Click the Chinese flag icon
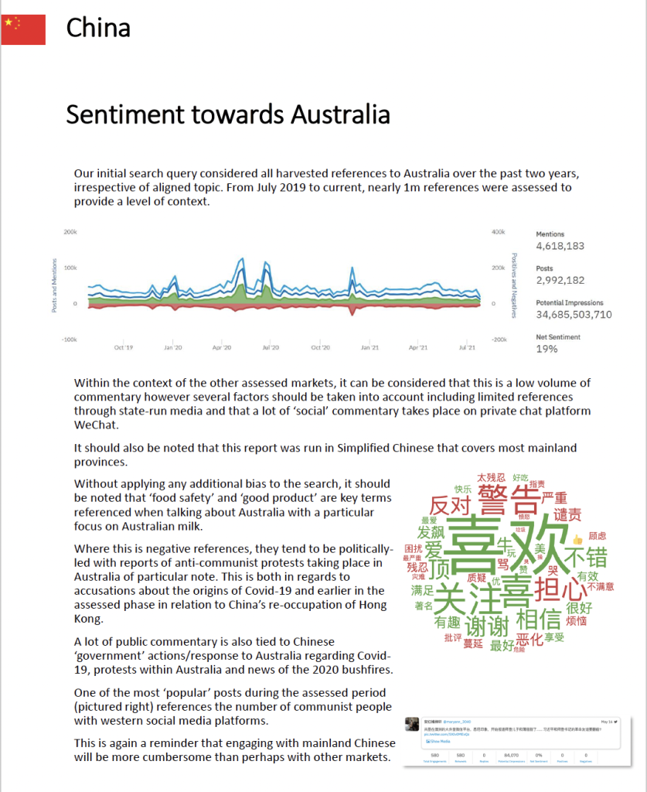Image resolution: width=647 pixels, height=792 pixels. click(x=23, y=29)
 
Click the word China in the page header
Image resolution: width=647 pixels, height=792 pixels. click(x=98, y=28)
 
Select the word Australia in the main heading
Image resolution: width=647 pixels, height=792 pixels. click(x=340, y=114)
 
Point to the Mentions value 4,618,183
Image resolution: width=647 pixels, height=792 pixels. click(x=560, y=246)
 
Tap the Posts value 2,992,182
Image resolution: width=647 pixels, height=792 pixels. click(x=560, y=280)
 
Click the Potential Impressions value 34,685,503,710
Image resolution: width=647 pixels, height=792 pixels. click(x=574, y=314)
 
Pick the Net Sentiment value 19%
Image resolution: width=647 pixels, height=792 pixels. click(x=547, y=349)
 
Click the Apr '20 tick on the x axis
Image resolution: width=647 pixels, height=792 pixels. click(x=222, y=348)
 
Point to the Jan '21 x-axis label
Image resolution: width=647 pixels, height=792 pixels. click(x=369, y=348)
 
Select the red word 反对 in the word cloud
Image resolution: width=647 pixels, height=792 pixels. click(x=450, y=506)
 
